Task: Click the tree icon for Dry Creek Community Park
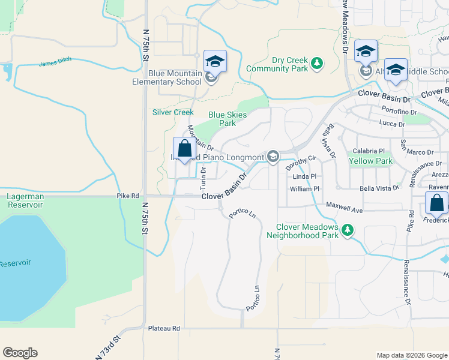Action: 317,62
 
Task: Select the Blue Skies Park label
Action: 222,119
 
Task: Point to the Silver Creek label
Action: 173,112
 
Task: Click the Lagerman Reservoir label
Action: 25,200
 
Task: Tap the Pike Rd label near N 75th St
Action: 127,196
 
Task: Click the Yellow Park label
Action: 370,161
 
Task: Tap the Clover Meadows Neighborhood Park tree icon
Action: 346,230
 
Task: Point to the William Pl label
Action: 305,188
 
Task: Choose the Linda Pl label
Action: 304,177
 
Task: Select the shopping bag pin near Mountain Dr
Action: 184,150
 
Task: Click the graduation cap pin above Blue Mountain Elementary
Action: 214,62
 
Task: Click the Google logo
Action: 20,353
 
